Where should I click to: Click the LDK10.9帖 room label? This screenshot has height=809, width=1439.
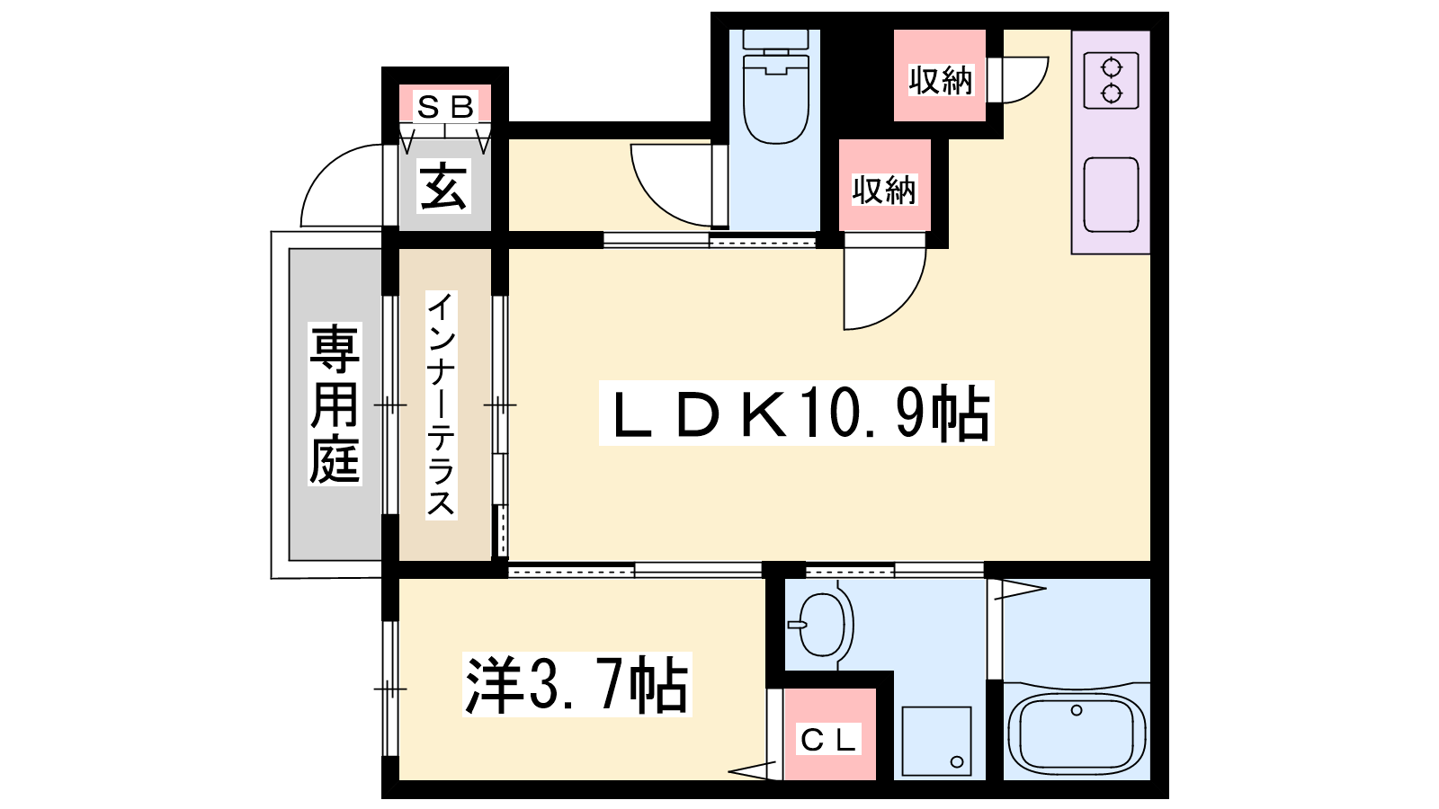coord(797,413)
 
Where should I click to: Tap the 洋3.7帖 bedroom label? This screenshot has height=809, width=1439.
coord(576,684)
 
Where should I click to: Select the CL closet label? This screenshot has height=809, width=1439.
coord(828,740)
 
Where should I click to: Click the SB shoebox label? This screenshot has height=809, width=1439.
coord(445,107)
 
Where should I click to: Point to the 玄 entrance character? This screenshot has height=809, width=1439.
coord(443,186)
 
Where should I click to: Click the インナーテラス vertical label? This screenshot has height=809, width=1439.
coord(441,404)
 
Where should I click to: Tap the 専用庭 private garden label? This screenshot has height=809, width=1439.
coord(334,404)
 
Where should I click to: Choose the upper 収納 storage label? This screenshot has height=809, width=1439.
coord(941,80)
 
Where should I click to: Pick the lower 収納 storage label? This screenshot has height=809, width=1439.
coord(884,190)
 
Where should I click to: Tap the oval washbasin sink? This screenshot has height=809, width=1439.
coord(822,624)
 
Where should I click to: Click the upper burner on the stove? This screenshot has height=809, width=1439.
coord(1111,67)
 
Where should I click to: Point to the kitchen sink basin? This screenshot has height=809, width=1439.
coord(1112,195)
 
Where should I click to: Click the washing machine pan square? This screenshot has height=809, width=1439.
coord(936,742)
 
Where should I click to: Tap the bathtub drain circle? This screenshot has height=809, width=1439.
coord(1077,710)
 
